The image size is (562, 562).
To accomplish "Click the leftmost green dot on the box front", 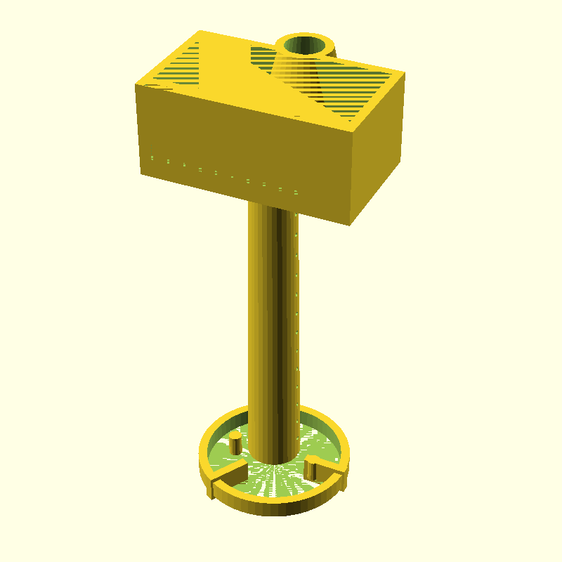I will pyautogui.click(x=152, y=157).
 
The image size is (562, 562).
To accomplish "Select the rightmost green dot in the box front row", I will pyautogui.click(x=296, y=192).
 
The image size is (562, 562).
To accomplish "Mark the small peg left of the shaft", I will pyautogui.click(x=235, y=443).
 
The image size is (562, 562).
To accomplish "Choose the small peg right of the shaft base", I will pyautogui.click(x=311, y=466).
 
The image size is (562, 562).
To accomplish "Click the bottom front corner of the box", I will pyautogui.click(x=350, y=225).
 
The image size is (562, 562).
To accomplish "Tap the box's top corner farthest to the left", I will pyautogui.click(x=136, y=85).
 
